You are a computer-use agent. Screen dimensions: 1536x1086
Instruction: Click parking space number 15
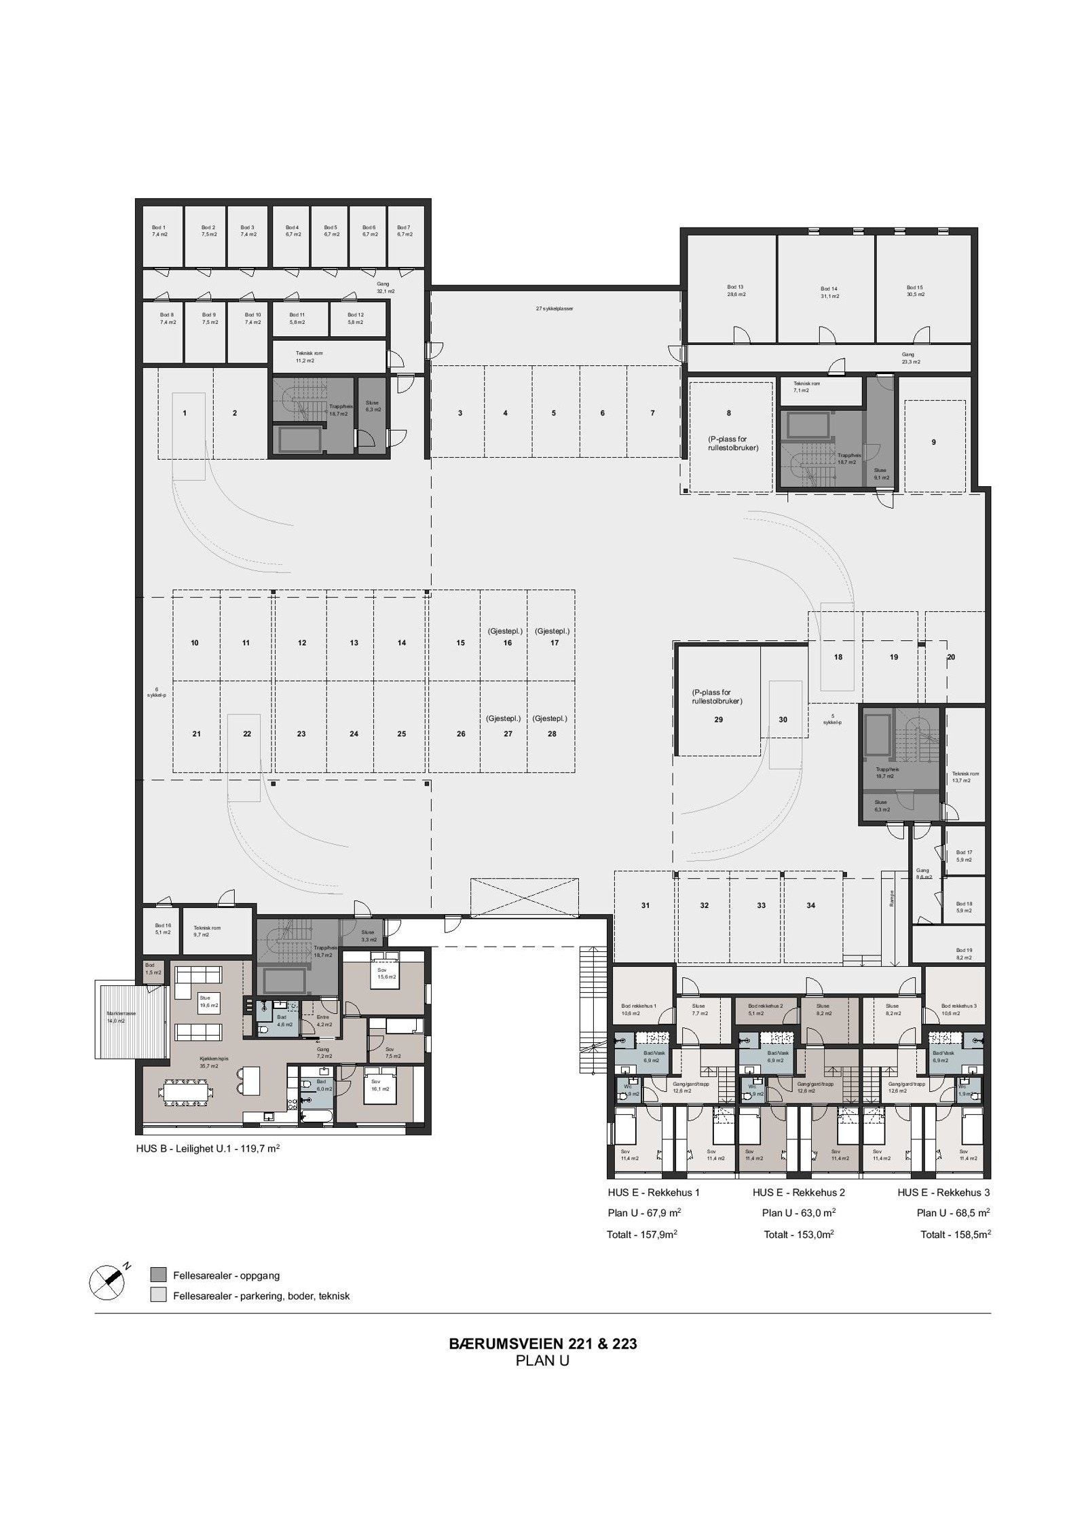[x=460, y=642]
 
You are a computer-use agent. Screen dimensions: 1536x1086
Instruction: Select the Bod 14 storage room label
[x=829, y=292]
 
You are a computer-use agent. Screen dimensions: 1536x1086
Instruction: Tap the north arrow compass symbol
[x=107, y=1279]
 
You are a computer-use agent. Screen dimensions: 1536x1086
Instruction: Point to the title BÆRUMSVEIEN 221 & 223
[x=542, y=1344]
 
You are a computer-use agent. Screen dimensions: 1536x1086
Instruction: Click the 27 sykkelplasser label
[x=555, y=308]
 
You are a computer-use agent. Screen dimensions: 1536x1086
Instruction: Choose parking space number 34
[x=810, y=905]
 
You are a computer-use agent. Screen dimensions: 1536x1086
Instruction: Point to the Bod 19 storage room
[x=964, y=953]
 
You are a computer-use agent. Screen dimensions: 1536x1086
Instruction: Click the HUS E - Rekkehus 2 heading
[x=798, y=1192]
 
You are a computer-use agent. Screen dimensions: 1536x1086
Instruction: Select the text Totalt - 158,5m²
[x=954, y=1235]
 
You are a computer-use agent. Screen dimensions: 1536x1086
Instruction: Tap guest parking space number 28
[x=551, y=733]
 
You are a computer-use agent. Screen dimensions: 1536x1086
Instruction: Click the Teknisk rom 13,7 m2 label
[x=965, y=777]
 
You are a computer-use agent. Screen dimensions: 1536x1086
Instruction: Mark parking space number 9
[x=933, y=442]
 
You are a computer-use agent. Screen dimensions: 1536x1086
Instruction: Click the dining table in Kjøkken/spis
[x=187, y=1092]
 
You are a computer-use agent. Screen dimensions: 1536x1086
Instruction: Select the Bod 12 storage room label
[x=355, y=318]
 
